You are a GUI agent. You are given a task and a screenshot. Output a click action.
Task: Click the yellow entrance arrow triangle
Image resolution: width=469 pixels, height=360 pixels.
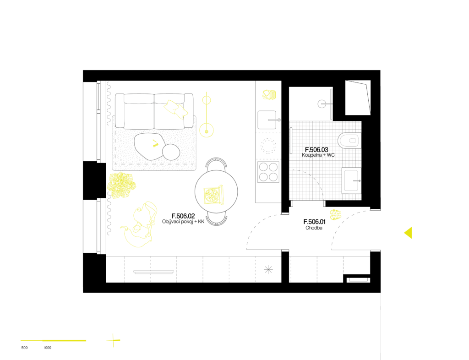[409, 233]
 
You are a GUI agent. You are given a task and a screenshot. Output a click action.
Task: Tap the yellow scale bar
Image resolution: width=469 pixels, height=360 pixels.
[54, 340]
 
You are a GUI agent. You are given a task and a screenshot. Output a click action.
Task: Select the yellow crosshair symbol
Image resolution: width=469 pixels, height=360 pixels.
[113, 340]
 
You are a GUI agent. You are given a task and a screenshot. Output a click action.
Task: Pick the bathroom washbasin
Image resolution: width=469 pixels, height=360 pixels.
[351, 180]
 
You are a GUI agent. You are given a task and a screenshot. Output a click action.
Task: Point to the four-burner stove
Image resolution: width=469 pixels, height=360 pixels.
[268, 172]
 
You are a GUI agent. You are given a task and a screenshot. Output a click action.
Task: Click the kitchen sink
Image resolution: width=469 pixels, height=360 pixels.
[267, 120]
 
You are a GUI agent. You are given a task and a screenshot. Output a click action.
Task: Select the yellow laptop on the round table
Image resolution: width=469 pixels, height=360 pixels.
[213, 195]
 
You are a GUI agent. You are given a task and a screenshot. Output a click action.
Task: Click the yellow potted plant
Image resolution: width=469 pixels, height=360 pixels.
[121, 185]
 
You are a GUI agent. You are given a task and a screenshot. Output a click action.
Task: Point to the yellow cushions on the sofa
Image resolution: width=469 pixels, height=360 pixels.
[176, 109]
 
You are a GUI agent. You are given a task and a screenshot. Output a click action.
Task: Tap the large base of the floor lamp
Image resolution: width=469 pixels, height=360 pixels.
[207, 131]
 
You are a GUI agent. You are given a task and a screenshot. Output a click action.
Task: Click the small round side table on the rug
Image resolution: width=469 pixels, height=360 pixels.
[171, 152]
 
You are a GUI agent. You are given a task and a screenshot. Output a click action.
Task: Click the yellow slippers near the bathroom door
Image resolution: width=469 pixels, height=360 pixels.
[336, 214]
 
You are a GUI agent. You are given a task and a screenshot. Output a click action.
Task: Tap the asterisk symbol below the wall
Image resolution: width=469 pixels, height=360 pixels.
[268, 269]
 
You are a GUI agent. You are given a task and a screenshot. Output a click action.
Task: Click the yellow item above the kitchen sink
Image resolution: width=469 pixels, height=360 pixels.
[269, 95]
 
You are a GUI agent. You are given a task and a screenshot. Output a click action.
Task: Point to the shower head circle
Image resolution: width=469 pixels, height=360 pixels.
[322, 104]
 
